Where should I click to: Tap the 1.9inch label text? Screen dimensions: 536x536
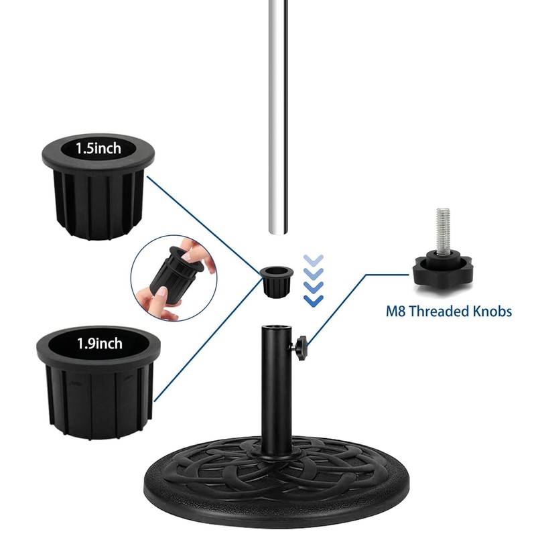[x=99, y=344]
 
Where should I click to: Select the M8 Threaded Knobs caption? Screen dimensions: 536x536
[x=448, y=311]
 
